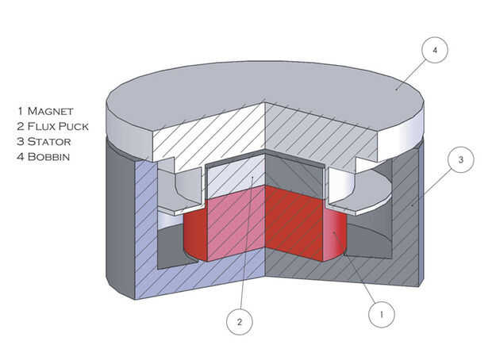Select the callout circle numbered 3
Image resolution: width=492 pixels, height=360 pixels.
(x=461, y=160)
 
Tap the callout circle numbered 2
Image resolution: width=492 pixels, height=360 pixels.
(x=239, y=323)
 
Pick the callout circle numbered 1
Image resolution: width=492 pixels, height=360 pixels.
(x=382, y=314)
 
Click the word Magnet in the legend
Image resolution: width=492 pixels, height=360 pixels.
(x=56, y=110)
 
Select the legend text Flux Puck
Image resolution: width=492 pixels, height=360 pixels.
(x=64, y=126)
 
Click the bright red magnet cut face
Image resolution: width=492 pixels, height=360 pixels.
(x=294, y=222)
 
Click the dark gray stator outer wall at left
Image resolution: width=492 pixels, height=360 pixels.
(x=119, y=214)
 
